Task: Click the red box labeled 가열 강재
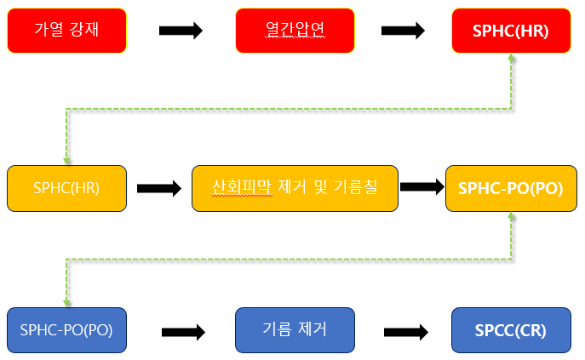pos(66,31)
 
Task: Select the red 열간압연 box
pos(294,31)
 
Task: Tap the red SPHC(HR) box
pos(511,31)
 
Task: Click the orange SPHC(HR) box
pos(66,188)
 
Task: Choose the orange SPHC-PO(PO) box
pos(510,188)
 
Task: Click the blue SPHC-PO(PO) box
pos(66,329)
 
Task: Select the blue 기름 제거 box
pos(294,329)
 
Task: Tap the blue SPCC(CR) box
pos(511,329)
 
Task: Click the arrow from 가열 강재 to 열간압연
pos(181,31)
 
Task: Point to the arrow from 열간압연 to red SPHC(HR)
pos(404,31)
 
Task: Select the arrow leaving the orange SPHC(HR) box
pos(159,189)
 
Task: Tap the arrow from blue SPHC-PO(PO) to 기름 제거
pos(184,331)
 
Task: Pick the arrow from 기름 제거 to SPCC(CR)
pos(405,331)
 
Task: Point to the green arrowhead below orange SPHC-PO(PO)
pos(511,216)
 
